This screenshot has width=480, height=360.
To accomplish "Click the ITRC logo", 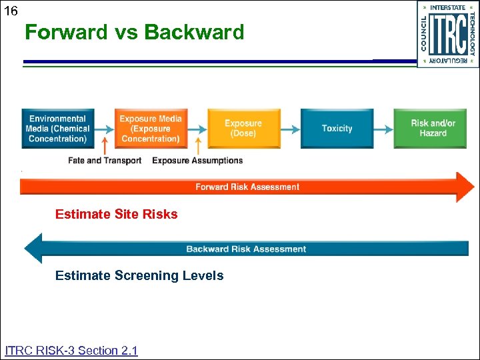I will tap(447, 34).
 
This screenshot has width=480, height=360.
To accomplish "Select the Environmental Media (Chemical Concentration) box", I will tap(57, 129).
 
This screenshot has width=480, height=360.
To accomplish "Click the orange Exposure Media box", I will tap(150, 129).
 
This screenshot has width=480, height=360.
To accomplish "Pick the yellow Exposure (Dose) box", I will tap(243, 129).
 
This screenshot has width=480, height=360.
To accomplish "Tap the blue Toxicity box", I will tap(337, 129).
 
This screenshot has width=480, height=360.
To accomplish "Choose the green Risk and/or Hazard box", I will tap(433, 129).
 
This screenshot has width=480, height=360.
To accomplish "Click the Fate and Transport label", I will tap(105, 161).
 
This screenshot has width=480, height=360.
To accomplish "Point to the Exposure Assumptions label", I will tap(197, 161).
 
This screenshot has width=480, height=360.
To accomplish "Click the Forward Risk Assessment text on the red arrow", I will tap(247, 187).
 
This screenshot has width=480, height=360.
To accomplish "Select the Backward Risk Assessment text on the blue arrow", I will tap(246, 249).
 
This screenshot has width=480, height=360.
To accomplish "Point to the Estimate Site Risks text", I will tap(116, 215).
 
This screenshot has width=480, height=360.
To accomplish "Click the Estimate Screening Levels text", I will tap(139, 276).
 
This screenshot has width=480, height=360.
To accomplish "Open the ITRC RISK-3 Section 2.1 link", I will tap(71, 351).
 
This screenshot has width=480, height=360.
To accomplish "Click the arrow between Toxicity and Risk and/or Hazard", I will tap(383, 128).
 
